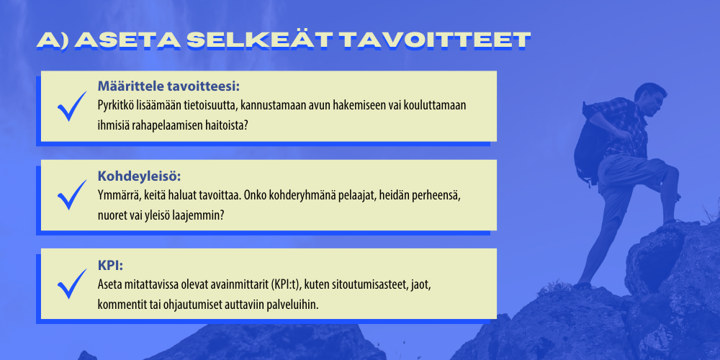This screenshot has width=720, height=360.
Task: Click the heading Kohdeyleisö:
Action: [x=140, y=176]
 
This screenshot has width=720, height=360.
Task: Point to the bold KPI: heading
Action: [x=111, y=265]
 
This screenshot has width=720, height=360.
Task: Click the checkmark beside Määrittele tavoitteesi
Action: [x=72, y=106]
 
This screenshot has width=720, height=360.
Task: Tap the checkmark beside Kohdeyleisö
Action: [x=72, y=194]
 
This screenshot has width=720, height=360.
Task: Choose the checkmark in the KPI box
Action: [x=72, y=284]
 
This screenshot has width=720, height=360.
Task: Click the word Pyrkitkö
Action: [x=115, y=106]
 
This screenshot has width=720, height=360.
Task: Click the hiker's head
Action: [x=649, y=97]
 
